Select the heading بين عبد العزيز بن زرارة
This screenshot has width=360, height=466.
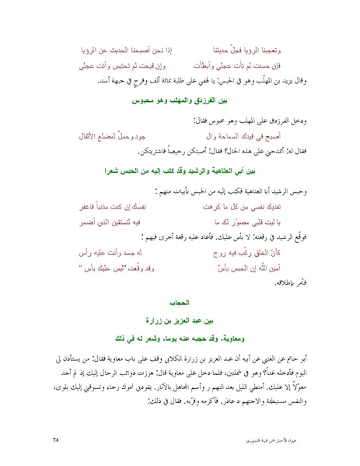tap(180, 317)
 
